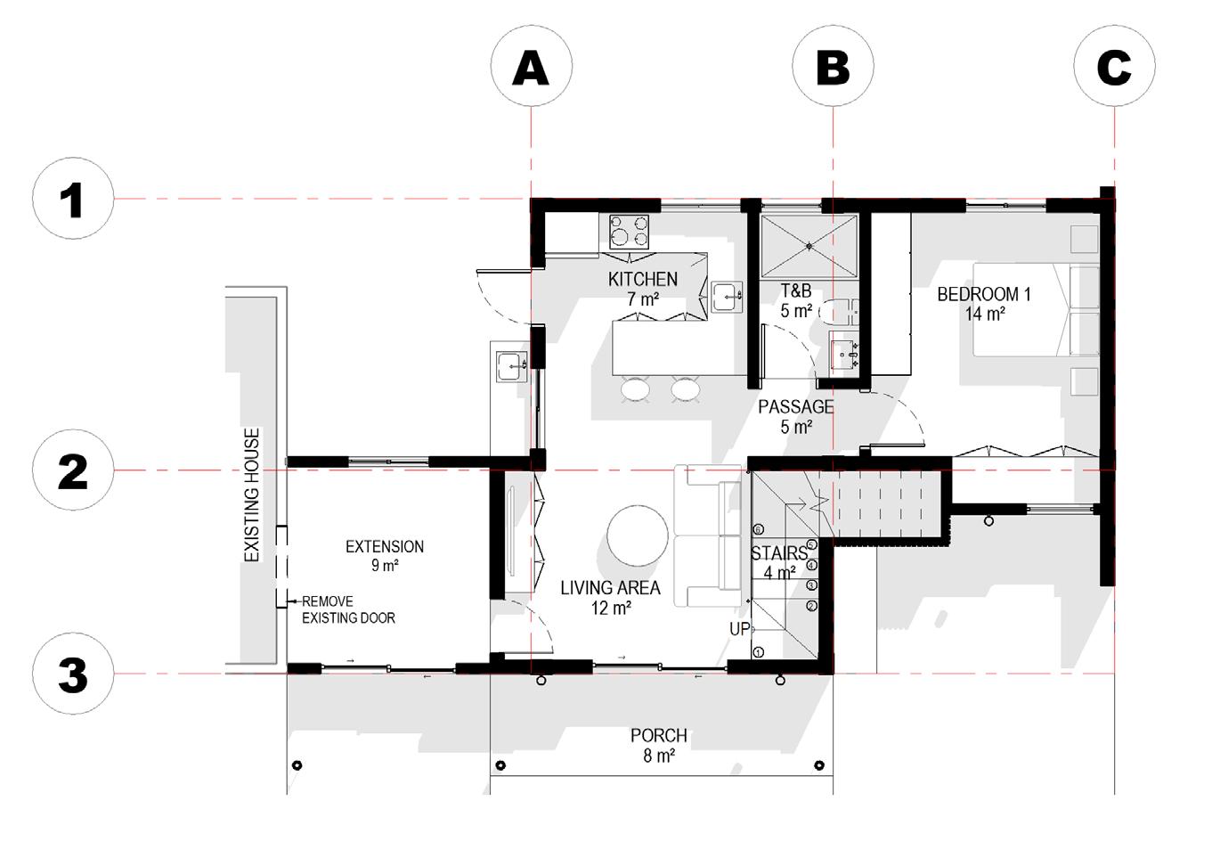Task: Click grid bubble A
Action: pyautogui.click(x=532, y=66)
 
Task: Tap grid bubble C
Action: pyautogui.click(x=1115, y=66)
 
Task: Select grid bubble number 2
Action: pyautogui.click(x=73, y=470)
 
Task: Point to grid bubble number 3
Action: pyautogui.click(x=73, y=674)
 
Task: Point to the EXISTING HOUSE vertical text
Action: pyautogui.click(x=252, y=494)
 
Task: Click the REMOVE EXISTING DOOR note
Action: pyautogui.click(x=348, y=609)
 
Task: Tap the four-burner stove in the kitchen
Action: pyautogui.click(x=629, y=232)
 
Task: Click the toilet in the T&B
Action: pyautogui.click(x=838, y=311)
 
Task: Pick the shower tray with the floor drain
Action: pyautogui.click(x=809, y=246)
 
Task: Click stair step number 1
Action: pyautogui.click(x=758, y=653)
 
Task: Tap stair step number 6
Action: pyautogui.click(x=758, y=529)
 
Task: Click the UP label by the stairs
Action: pyautogui.click(x=740, y=629)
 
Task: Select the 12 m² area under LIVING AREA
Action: pyautogui.click(x=611, y=608)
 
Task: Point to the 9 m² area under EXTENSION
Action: pyautogui.click(x=385, y=565)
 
